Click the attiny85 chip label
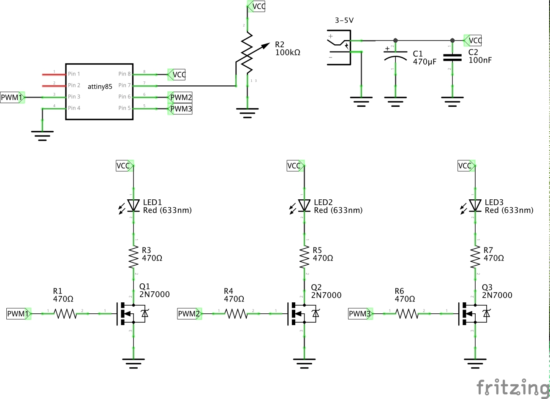click(x=100, y=86)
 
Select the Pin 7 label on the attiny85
click(x=124, y=85)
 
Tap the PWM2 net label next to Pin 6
click(x=180, y=98)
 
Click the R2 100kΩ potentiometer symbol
click(x=248, y=55)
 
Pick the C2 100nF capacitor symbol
click(x=452, y=57)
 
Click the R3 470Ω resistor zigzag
click(x=133, y=257)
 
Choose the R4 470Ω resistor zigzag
click(x=236, y=314)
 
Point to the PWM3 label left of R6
click(x=359, y=314)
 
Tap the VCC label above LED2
click(x=294, y=166)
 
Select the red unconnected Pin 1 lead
click(x=53, y=74)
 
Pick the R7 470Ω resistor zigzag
click(x=475, y=257)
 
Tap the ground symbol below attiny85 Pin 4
click(x=42, y=136)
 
